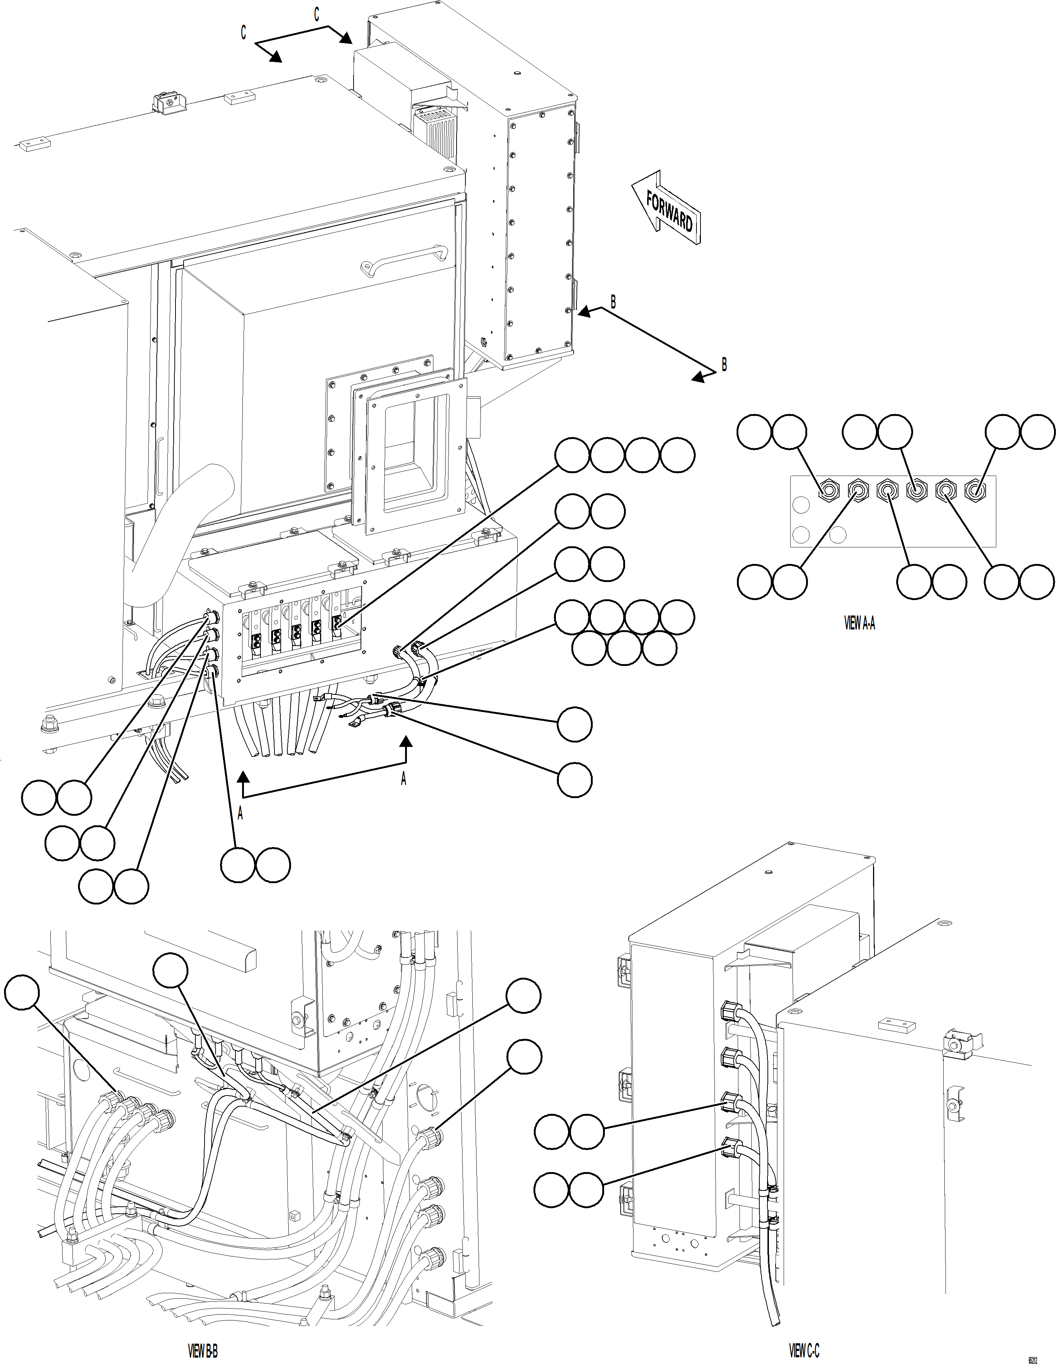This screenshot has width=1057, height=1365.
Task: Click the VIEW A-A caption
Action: (x=859, y=623)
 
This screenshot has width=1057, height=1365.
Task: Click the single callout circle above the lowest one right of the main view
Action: (x=574, y=724)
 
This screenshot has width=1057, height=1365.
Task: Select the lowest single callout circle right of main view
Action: (x=574, y=780)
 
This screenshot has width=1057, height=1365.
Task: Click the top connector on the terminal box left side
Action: (x=211, y=617)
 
